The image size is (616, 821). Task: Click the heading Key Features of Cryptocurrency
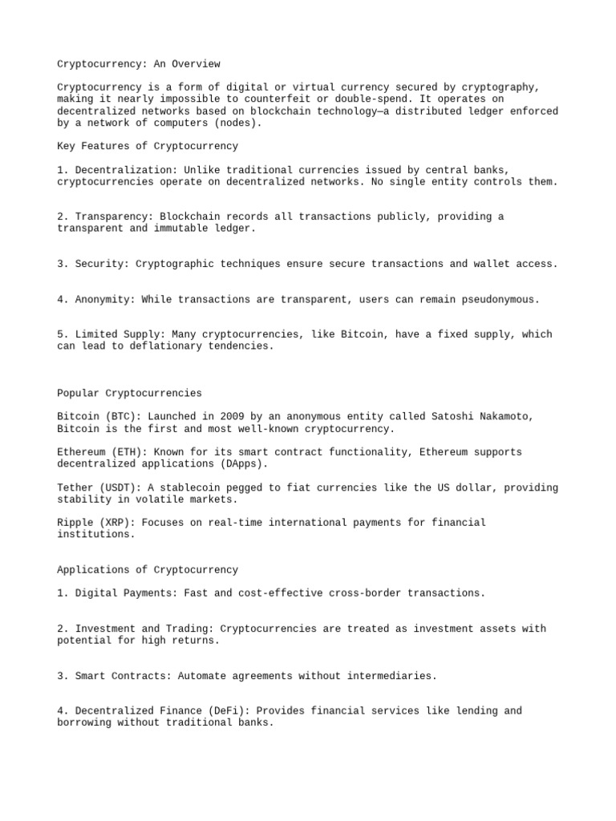[x=148, y=147]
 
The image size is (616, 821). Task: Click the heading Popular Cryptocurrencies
[x=130, y=394]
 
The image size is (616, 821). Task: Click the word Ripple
[x=75, y=523]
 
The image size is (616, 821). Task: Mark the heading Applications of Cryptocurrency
[x=148, y=570]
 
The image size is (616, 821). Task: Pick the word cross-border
[x=360, y=593]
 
